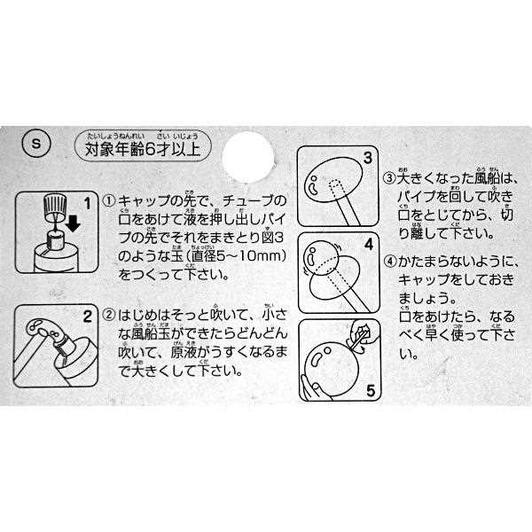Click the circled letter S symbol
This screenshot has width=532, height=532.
(x=32, y=143)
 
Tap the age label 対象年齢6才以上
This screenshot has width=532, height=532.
(x=142, y=148)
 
